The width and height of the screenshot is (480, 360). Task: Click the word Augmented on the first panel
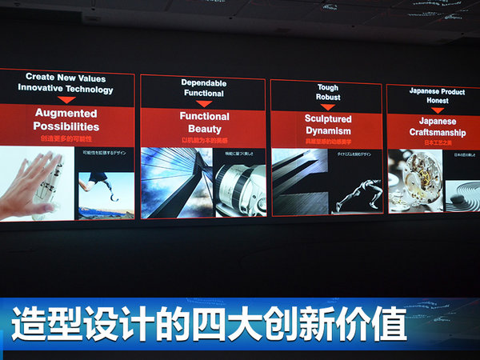click(66, 113)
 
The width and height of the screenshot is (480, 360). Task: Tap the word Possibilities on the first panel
click(66, 126)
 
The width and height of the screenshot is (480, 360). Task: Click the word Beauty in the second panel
click(205, 129)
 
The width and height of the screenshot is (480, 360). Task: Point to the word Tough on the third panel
click(328, 89)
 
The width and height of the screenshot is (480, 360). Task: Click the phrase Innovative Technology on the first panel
click(66, 89)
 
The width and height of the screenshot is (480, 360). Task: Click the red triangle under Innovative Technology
click(66, 100)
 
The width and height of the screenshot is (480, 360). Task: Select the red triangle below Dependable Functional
click(205, 103)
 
